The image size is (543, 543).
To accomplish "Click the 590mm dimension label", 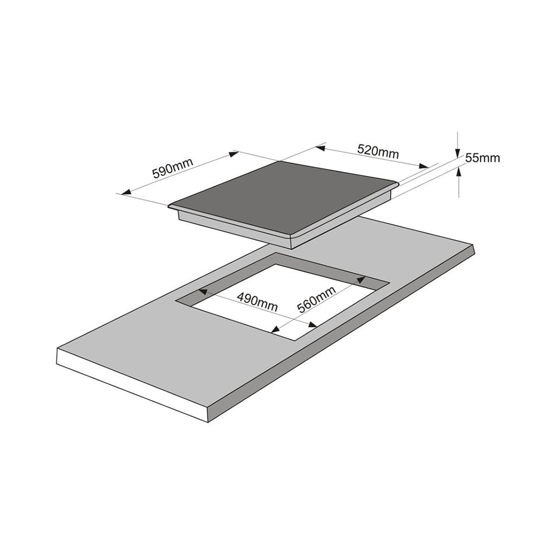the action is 173,168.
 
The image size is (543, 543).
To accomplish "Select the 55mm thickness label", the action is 482,158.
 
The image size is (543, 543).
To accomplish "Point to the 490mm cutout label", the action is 257,302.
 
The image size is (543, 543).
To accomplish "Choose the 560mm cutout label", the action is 317,300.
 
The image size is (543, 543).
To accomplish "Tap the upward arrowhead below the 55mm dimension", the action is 459,172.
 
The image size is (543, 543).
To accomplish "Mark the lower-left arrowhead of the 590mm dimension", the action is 126,192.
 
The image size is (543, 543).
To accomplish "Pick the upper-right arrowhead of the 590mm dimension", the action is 233,154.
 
